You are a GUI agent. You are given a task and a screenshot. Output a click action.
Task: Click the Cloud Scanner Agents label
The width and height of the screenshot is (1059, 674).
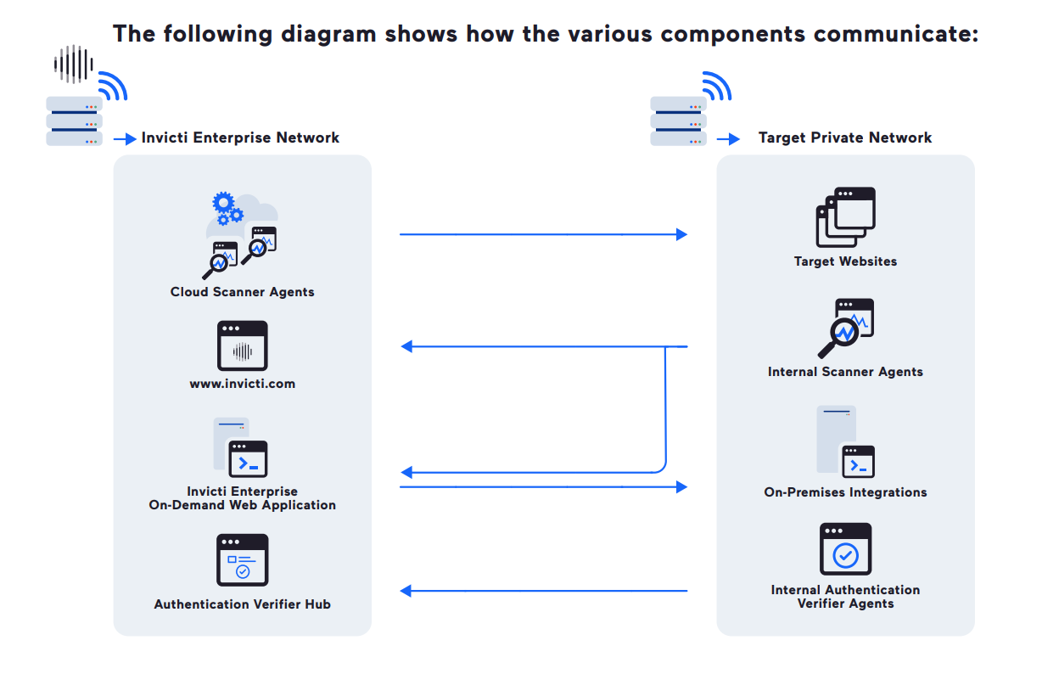pos(242,292)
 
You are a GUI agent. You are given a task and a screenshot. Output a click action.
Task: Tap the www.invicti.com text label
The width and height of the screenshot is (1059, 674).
pos(242,384)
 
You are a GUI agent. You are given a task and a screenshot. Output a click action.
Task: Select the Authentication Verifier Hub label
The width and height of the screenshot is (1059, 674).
pos(242,604)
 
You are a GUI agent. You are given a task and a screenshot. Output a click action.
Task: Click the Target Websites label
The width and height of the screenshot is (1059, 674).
pos(845,261)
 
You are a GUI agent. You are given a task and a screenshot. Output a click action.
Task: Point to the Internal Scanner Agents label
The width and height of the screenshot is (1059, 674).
pos(845,372)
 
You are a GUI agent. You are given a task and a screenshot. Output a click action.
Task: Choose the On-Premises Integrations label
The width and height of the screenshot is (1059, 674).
pos(845,492)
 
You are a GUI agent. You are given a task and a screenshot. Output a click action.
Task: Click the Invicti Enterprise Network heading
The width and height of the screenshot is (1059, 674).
pos(240,138)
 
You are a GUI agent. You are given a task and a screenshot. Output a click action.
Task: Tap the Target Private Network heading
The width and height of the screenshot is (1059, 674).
pos(845,138)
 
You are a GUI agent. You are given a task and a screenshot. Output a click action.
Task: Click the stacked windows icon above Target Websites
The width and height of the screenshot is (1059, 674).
pos(845,217)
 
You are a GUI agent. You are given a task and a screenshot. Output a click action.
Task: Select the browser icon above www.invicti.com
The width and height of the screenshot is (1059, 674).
pos(243,345)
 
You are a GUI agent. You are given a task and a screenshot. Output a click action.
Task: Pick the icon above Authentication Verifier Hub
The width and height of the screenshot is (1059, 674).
pos(243,559)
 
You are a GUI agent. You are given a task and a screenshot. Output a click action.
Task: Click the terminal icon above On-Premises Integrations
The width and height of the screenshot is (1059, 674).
pos(857,462)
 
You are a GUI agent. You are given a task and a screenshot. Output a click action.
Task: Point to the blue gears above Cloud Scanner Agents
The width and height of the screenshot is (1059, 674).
pos(227,208)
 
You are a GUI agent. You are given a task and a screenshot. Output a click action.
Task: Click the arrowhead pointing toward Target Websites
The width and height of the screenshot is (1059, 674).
pos(681,234)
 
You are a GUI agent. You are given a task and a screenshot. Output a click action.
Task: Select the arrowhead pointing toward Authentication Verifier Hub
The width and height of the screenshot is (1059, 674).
pos(406,591)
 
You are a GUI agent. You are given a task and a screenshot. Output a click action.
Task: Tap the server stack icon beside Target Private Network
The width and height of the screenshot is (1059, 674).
pos(678,121)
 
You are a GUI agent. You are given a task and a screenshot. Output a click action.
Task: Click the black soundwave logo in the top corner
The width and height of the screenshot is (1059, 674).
pos(73,63)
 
